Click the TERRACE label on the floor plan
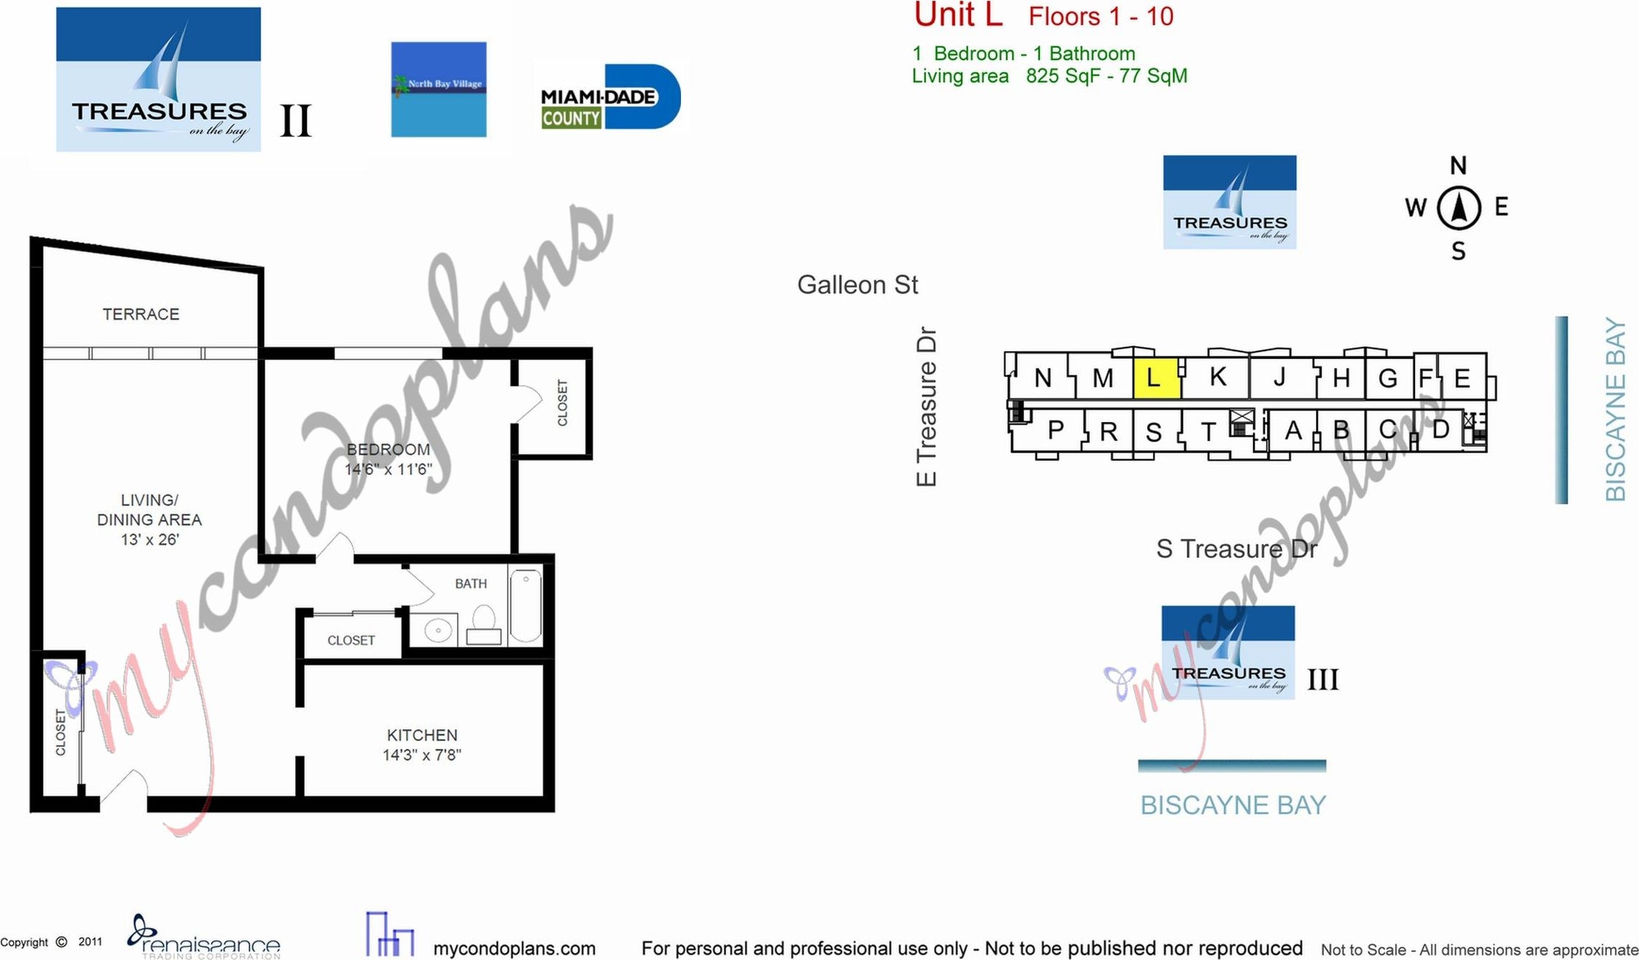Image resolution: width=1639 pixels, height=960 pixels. tap(141, 314)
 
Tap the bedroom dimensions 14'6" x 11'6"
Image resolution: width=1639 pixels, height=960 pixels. tap(388, 469)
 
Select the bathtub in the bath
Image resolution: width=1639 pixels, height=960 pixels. tap(525, 607)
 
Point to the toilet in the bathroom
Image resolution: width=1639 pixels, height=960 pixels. tap(484, 626)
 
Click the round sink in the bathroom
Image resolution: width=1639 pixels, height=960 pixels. tap(438, 629)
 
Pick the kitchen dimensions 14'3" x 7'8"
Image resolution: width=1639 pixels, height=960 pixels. tap(422, 755)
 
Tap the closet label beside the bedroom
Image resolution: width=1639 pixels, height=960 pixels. tap(562, 403)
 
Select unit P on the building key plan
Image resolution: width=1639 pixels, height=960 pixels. tap(1055, 430)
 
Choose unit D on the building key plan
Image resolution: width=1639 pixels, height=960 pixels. tap(1440, 429)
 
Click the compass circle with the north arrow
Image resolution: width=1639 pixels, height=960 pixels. tap(1458, 208)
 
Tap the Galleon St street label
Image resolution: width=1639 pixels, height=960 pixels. tap(857, 285)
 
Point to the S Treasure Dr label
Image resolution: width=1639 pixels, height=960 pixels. tap(1236, 549)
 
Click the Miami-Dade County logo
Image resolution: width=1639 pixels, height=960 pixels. tap(610, 97)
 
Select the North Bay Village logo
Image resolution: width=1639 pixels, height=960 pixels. tap(438, 89)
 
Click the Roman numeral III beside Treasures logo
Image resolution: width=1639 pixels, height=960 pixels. tap(1322, 680)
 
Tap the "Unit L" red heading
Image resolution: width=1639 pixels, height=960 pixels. tap(957, 16)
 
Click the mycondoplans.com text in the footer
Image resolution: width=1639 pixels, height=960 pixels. tap(513, 948)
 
